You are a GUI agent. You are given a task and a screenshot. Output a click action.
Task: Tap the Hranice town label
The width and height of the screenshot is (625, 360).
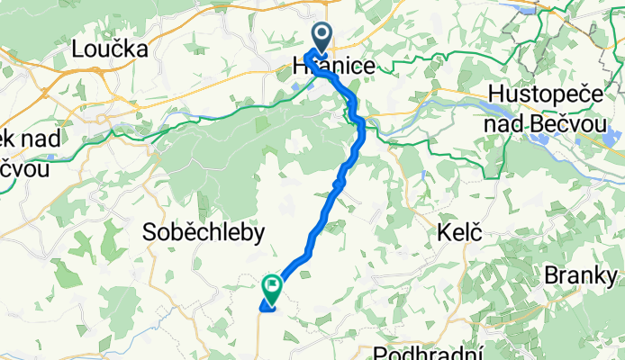(x=333, y=67)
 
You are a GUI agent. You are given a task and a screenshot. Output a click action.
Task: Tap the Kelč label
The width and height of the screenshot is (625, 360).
(x=457, y=233)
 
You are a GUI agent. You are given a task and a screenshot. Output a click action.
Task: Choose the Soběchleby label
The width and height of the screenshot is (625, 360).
(x=204, y=233)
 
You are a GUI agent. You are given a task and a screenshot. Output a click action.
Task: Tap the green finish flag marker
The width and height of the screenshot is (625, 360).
(x=271, y=287)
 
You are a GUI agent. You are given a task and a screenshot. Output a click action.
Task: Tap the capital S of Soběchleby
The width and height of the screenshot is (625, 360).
(x=150, y=233)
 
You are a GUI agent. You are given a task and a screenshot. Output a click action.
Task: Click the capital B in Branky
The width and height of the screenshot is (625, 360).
(x=551, y=275)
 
